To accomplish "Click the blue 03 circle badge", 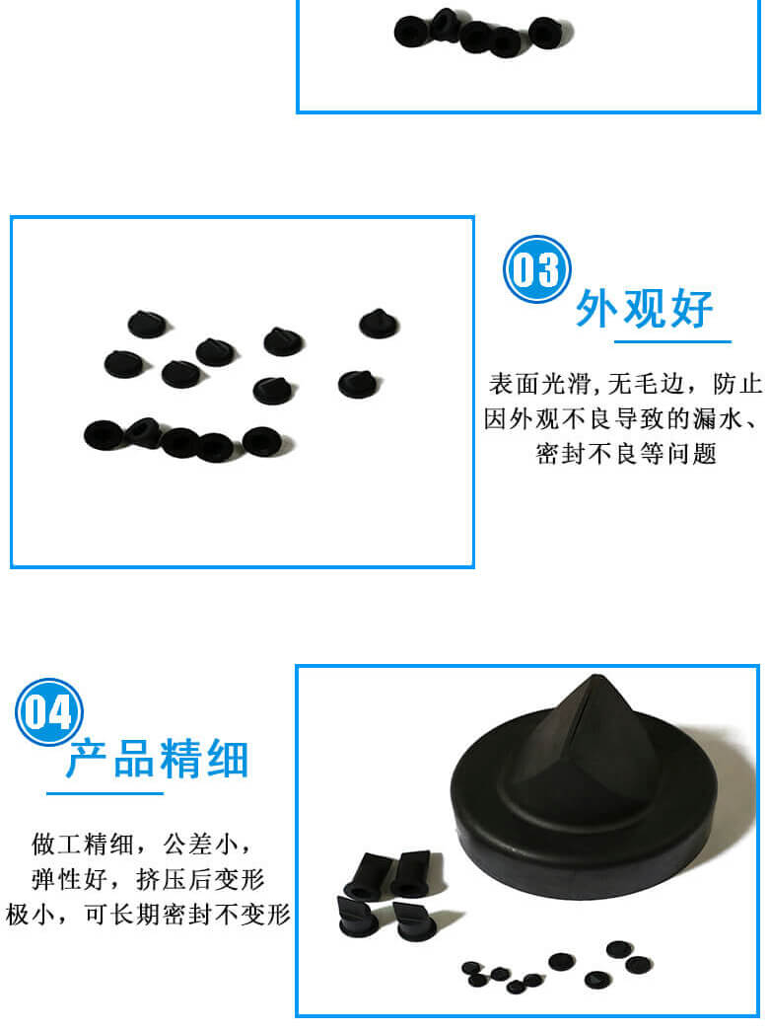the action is (x=536, y=268).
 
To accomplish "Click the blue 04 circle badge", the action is (x=48, y=711).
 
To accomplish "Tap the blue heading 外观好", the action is (x=644, y=308).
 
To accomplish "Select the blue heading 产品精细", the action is (x=158, y=758).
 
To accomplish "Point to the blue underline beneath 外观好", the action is (x=672, y=341).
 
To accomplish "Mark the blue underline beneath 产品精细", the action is (x=105, y=793).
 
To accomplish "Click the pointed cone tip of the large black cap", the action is (x=595, y=677).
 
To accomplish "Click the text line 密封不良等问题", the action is (x=625, y=453).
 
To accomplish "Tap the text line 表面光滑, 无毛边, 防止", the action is (x=624, y=384).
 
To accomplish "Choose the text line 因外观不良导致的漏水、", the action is (x=622, y=418).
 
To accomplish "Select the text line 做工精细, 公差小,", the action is (x=141, y=844).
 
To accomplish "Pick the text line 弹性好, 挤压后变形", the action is (x=148, y=879).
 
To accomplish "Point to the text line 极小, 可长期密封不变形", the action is (x=148, y=914).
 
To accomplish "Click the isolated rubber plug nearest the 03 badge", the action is (x=379, y=324).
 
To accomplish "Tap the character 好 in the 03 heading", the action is (x=691, y=308).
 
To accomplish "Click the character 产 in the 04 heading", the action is (x=88, y=759).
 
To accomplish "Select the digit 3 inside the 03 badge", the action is (x=550, y=269).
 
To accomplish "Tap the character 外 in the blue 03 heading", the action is (x=596, y=308).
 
